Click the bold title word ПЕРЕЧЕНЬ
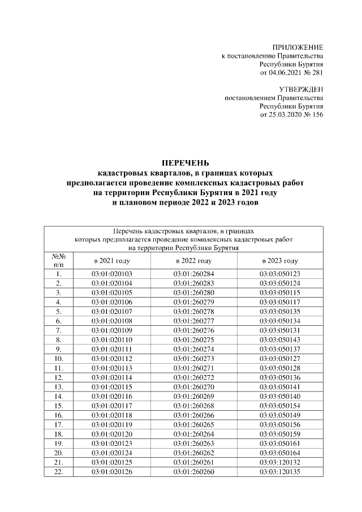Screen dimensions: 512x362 pyautogui.click(x=185, y=164)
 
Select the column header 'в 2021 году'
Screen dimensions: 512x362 pyautogui.click(x=111, y=261)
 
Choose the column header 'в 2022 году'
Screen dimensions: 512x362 pyautogui.click(x=193, y=261)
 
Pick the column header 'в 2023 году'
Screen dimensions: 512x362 pyautogui.click(x=279, y=261)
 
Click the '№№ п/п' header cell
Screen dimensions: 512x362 pyautogui.click(x=58, y=261)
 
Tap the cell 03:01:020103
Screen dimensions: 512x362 pyautogui.click(x=111, y=274)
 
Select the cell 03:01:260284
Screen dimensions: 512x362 pyautogui.click(x=194, y=274)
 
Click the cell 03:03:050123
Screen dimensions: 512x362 pyautogui.click(x=279, y=274)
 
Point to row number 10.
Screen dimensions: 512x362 pyautogui.click(x=58, y=358)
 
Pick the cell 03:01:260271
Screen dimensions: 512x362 pyautogui.click(x=194, y=367)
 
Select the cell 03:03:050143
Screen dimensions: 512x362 pyautogui.click(x=279, y=339)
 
